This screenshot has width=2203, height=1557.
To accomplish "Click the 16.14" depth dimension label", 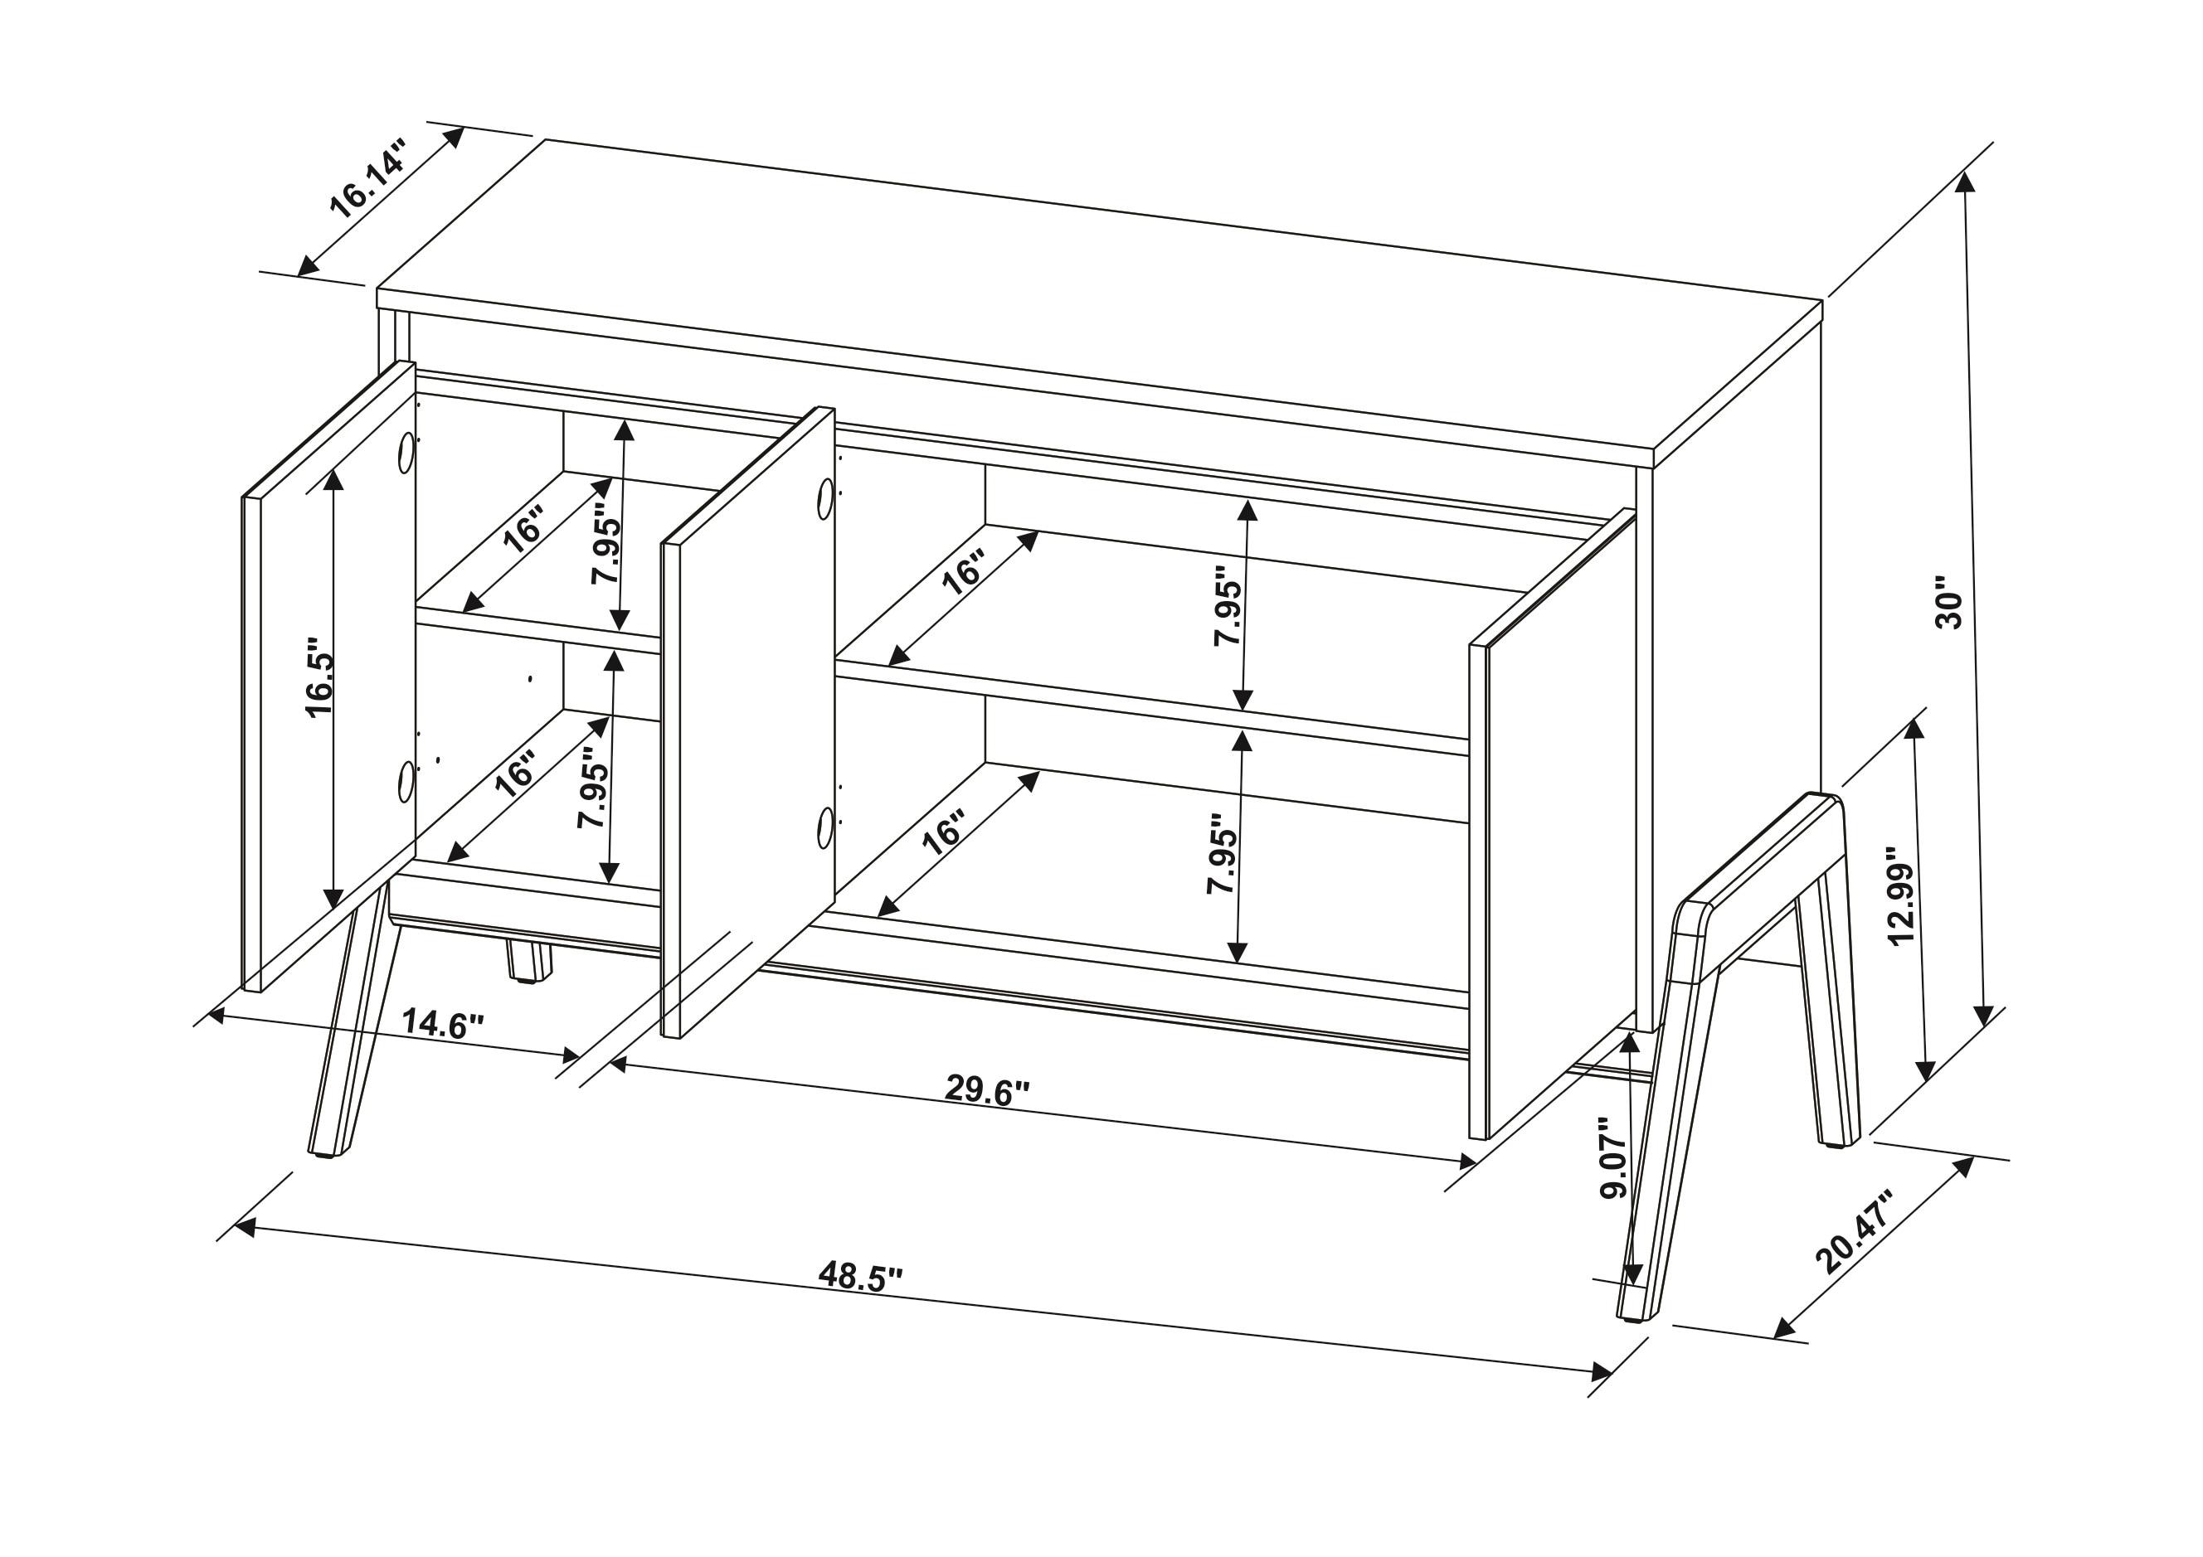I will (x=367, y=179).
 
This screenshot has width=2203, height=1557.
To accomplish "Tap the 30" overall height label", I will (x=1950, y=604).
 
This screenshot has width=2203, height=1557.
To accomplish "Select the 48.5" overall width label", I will (x=861, y=1276).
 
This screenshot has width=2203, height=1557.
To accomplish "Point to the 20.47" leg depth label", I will (x=1852, y=1234).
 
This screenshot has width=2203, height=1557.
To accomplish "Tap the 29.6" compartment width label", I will (x=986, y=1089).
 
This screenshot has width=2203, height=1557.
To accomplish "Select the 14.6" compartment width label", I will (x=441, y=1025).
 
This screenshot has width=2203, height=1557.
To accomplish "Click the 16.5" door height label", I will (x=319, y=677).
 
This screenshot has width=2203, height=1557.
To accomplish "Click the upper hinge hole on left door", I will (x=406, y=452).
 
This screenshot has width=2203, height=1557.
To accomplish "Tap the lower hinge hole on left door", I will (x=406, y=781).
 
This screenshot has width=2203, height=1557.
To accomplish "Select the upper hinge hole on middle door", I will (x=825, y=499).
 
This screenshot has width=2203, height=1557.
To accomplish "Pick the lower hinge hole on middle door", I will (x=825, y=826).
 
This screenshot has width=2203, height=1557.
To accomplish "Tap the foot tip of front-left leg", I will (x=323, y=1152).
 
